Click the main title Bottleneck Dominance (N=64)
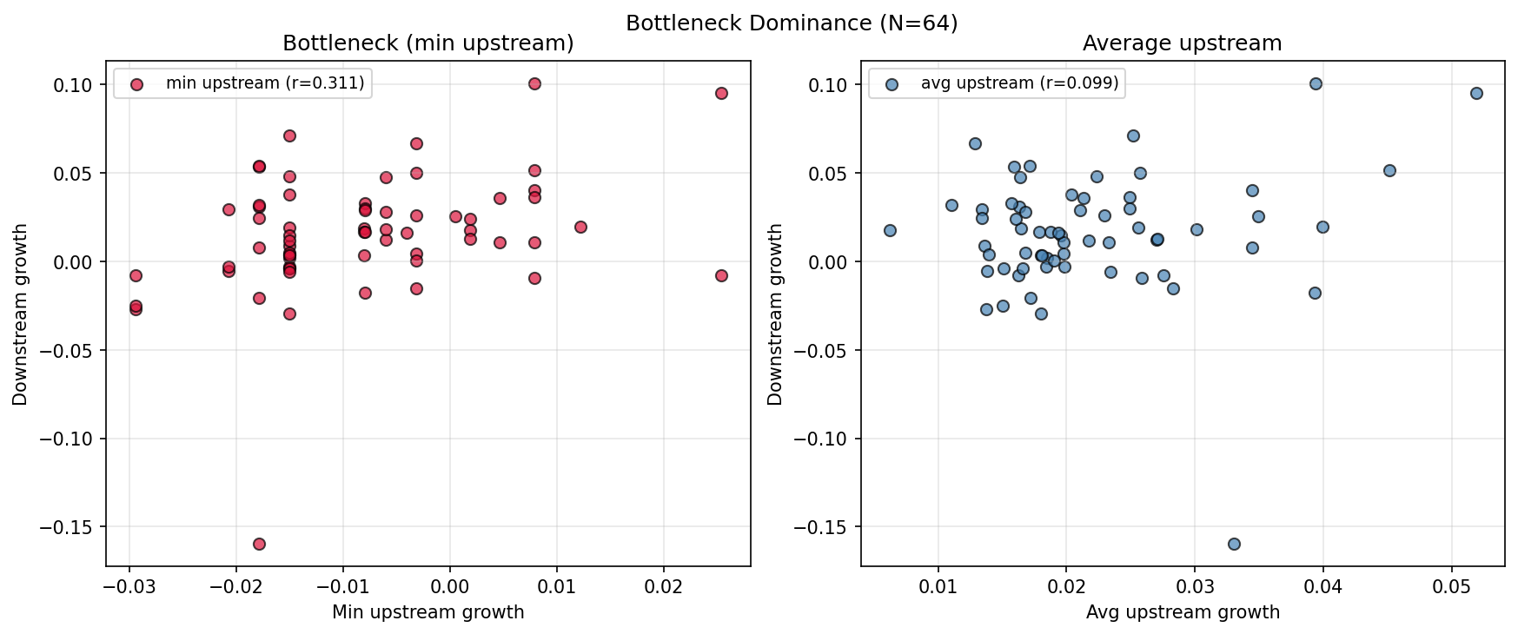coord(791,23)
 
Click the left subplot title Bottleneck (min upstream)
coord(428,43)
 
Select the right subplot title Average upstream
coord(1182,43)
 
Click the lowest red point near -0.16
coord(259,544)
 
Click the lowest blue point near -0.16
coord(1234,544)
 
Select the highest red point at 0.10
coord(534,83)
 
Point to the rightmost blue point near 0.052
coord(1476,93)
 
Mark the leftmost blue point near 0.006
coord(890,230)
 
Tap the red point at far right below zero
coord(721,275)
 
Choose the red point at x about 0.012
coord(580,227)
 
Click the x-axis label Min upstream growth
coord(428,612)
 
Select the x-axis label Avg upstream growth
coord(1183,612)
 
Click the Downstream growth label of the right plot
coord(776,314)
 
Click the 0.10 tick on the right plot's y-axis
coord(827,85)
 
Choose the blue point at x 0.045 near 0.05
coord(1389,170)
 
